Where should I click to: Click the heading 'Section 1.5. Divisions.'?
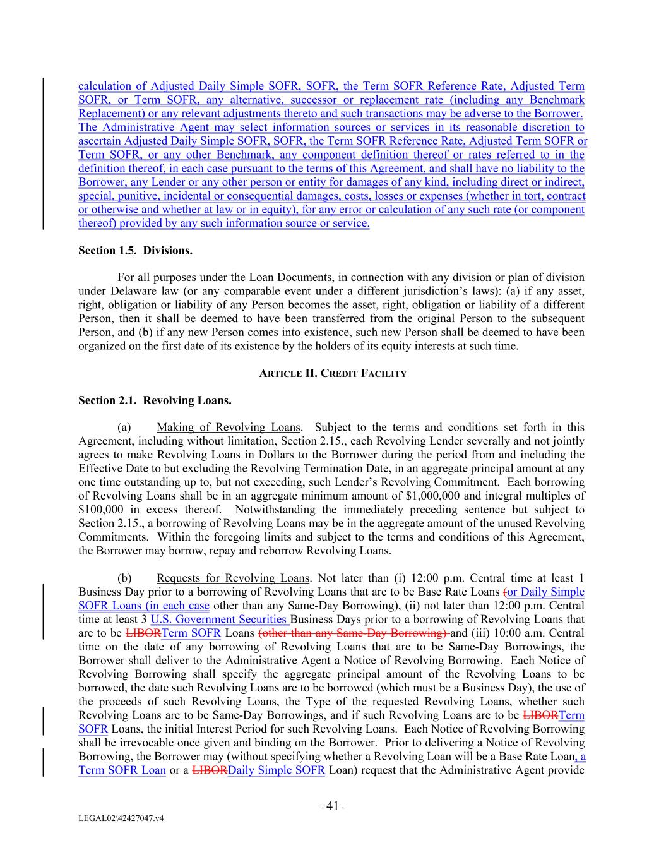click(135, 251)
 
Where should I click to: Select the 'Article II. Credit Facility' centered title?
click(333, 373)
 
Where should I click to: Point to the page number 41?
click(333, 806)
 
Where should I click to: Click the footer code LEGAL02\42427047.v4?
click(121, 818)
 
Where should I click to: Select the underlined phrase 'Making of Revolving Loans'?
click(229, 428)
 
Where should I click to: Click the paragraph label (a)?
click(124, 428)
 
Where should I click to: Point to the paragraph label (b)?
click(124, 578)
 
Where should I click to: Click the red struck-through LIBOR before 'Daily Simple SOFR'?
click(209, 770)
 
